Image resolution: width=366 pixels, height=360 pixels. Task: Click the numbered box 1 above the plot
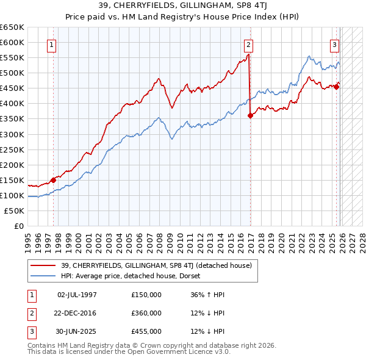click(53, 45)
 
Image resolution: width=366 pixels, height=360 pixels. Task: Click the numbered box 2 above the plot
click(249, 45)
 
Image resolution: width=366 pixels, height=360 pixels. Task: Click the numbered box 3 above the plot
click(335, 45)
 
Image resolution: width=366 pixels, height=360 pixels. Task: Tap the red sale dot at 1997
click(53, 179)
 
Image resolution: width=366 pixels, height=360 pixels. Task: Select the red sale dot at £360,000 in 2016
click(250, 115)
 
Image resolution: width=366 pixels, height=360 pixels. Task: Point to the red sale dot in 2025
click(336, 86)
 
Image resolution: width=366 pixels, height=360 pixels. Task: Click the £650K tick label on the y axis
click(12, 27)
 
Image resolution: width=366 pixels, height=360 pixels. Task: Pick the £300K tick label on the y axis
click(12, 134)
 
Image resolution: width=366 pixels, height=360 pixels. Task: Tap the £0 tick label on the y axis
click(18, 226)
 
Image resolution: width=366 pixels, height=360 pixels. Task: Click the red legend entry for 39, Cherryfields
click(145, 265)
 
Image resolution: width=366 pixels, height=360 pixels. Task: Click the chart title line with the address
click(182, 6)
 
